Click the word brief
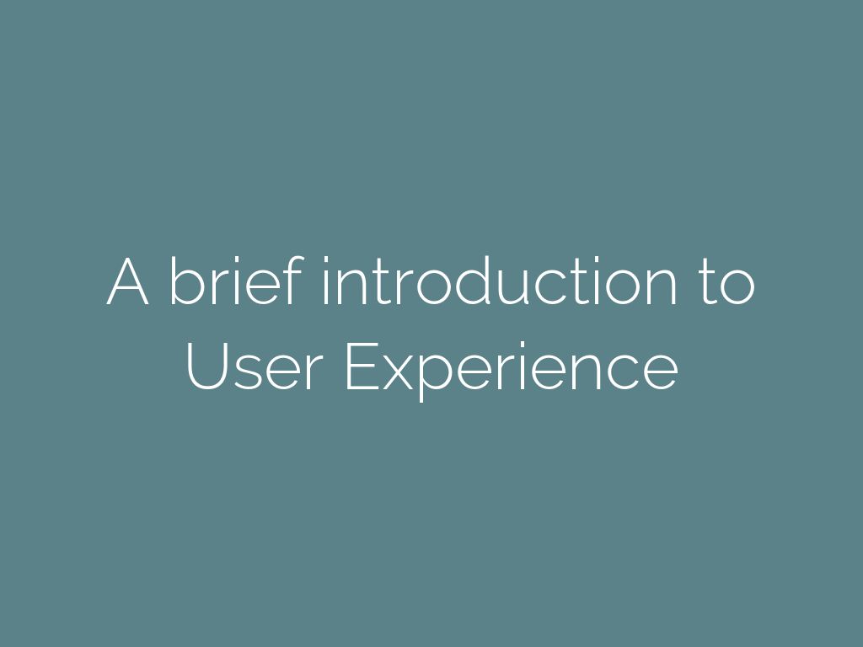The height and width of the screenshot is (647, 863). tap(235, 282)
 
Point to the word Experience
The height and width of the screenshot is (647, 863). tap(511, 368)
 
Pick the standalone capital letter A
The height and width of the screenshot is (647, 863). tap(128, 282)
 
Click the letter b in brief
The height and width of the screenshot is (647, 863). tap(185, 282)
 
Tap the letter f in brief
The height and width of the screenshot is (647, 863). tap(292, 282)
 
